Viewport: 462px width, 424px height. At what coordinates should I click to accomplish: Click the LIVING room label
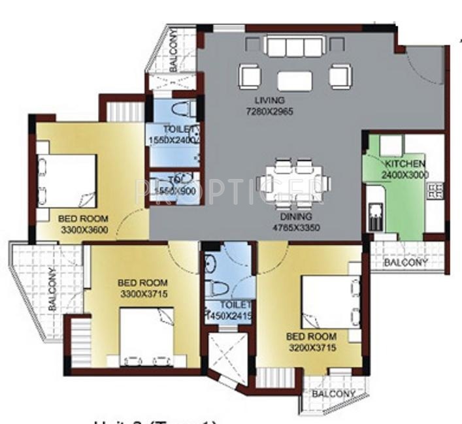[270, 101]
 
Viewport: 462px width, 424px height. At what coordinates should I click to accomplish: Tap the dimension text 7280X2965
[270, 111]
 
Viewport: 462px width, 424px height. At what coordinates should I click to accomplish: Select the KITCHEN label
[405, 163]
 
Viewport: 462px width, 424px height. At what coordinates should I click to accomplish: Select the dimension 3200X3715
[311, 348]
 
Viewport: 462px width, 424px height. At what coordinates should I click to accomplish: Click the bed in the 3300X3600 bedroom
[65, 179]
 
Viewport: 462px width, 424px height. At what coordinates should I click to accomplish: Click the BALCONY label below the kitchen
[405, 263]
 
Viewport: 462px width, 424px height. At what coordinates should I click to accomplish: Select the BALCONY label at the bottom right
[333, 394]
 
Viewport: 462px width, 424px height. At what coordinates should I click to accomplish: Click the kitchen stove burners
[435, 191]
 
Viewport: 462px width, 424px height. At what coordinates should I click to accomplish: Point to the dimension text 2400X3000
[405, 174]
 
